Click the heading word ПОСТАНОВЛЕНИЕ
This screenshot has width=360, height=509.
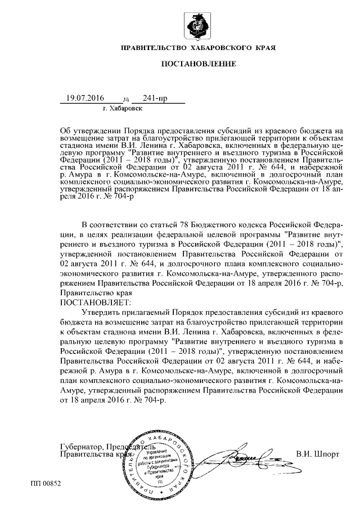pos(199,64)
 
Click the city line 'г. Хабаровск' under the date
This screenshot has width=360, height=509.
pos(123,107)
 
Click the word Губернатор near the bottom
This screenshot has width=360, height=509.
pos(82,447)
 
